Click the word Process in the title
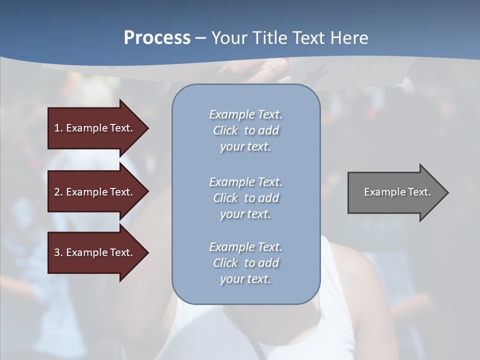tap(157, 38)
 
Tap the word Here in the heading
tap(349, 38)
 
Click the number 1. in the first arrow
tap(58, 128)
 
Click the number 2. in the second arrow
tap(58, 192)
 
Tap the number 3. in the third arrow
tap(58, 252)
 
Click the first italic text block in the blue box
tap(245, 130)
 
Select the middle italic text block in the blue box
tap(245, 197)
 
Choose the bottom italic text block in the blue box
tap(245, 263)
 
